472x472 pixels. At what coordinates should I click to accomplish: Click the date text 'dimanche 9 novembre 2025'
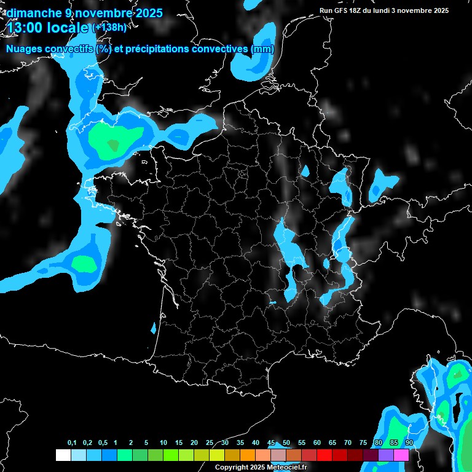click(84, 13)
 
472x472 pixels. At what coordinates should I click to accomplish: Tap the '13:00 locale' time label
click(48, 28)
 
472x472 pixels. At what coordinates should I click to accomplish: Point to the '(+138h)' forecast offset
click(109, 28)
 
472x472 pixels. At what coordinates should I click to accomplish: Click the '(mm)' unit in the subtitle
click(262, 49)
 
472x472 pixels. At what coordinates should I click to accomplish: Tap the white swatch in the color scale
click(63, 455)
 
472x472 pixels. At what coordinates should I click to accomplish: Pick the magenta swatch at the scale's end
click(401, 455)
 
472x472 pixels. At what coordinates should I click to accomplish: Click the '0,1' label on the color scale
click(72, 443)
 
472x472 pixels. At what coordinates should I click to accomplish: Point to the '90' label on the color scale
click(409, 443)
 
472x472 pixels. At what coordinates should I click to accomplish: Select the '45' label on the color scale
click(271, 443)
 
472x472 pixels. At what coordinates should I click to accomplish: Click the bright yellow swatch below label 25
click(216, 455)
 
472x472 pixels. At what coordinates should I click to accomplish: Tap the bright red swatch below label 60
click(324, 455)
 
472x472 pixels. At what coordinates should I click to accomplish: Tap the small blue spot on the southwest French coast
click(153, 328)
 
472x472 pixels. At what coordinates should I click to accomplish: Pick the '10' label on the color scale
click(163, 443)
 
